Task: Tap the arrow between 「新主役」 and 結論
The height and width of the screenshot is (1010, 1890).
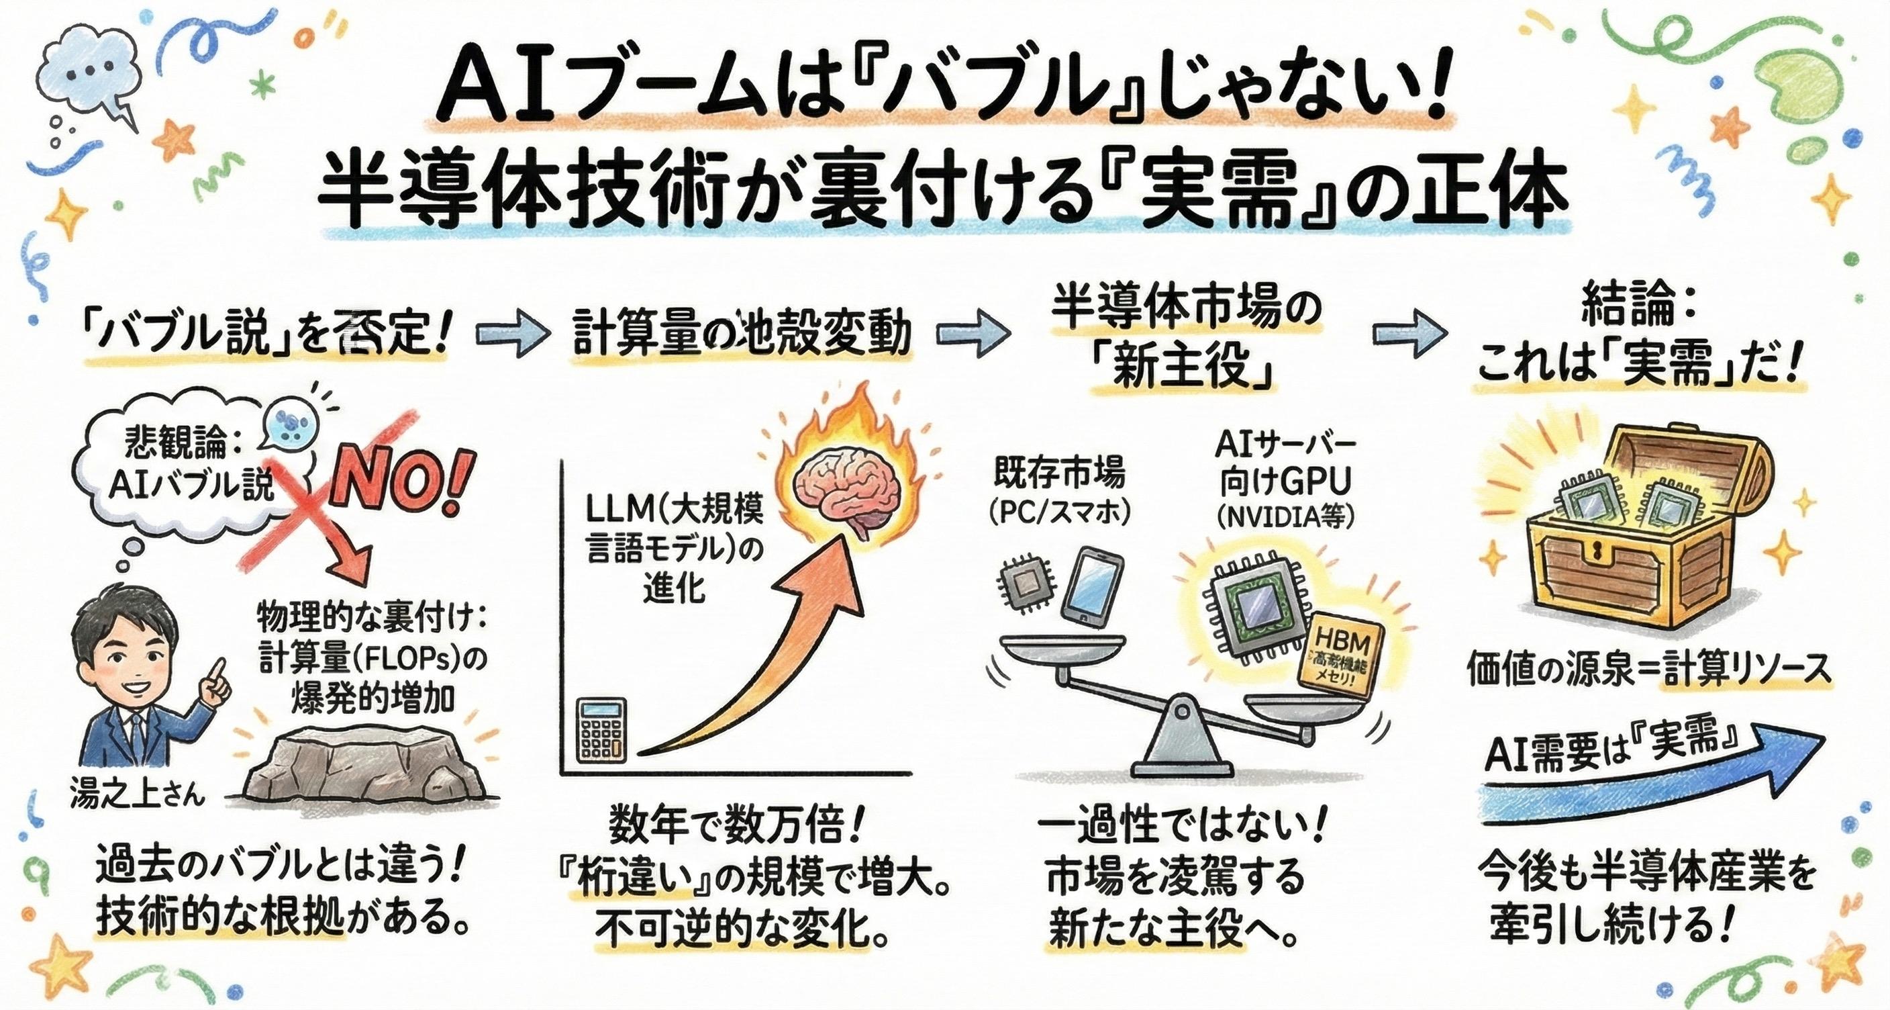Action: click(1409, 334)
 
